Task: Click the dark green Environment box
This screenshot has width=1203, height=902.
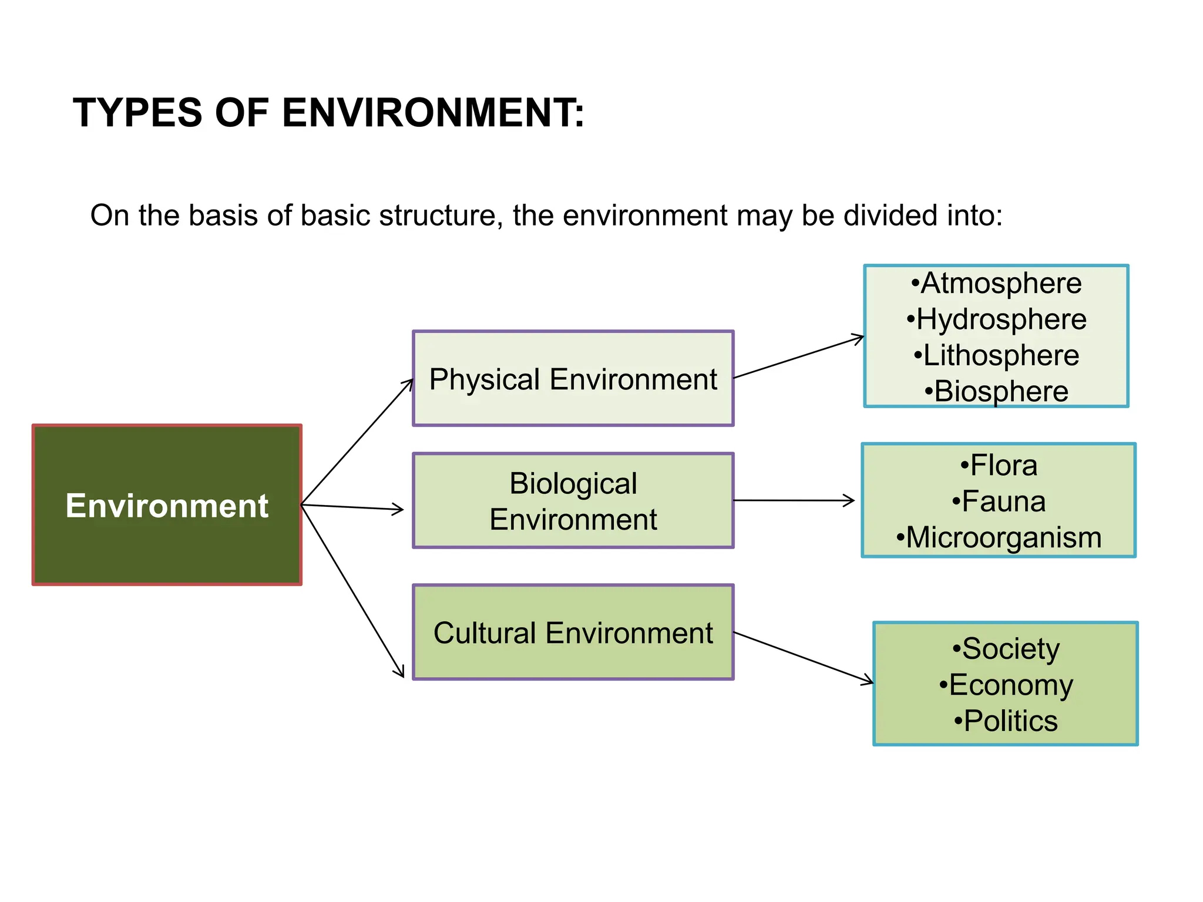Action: [167, 505]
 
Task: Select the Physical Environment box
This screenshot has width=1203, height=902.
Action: [573, 379]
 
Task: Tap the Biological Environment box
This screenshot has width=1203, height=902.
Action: [573, 501]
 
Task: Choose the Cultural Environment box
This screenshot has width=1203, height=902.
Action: [573, 632]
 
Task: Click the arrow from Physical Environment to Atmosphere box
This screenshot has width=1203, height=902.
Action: [799, 357]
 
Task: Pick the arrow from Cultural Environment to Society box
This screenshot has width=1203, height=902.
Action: [804, 658]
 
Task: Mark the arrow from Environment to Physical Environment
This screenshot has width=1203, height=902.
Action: [357, 442]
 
